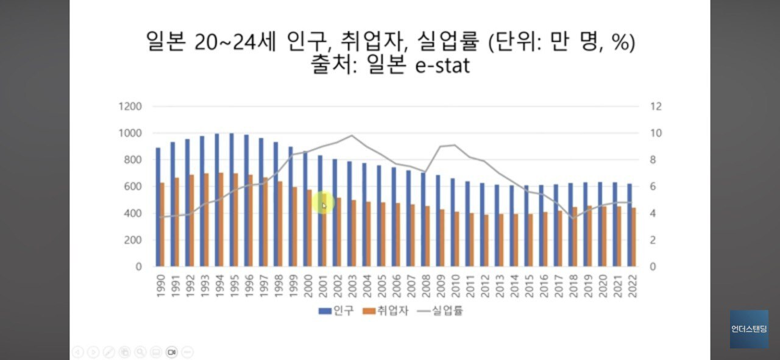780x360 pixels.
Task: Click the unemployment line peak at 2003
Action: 352,136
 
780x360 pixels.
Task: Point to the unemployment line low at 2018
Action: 573,218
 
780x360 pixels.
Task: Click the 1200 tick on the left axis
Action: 130,107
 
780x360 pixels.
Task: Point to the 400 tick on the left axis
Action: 133,213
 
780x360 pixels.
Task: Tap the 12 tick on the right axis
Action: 656,107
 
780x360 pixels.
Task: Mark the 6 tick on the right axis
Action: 653,186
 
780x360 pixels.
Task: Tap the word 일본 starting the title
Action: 165,42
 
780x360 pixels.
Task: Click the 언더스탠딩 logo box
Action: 749,329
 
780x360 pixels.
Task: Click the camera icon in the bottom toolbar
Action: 171,351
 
